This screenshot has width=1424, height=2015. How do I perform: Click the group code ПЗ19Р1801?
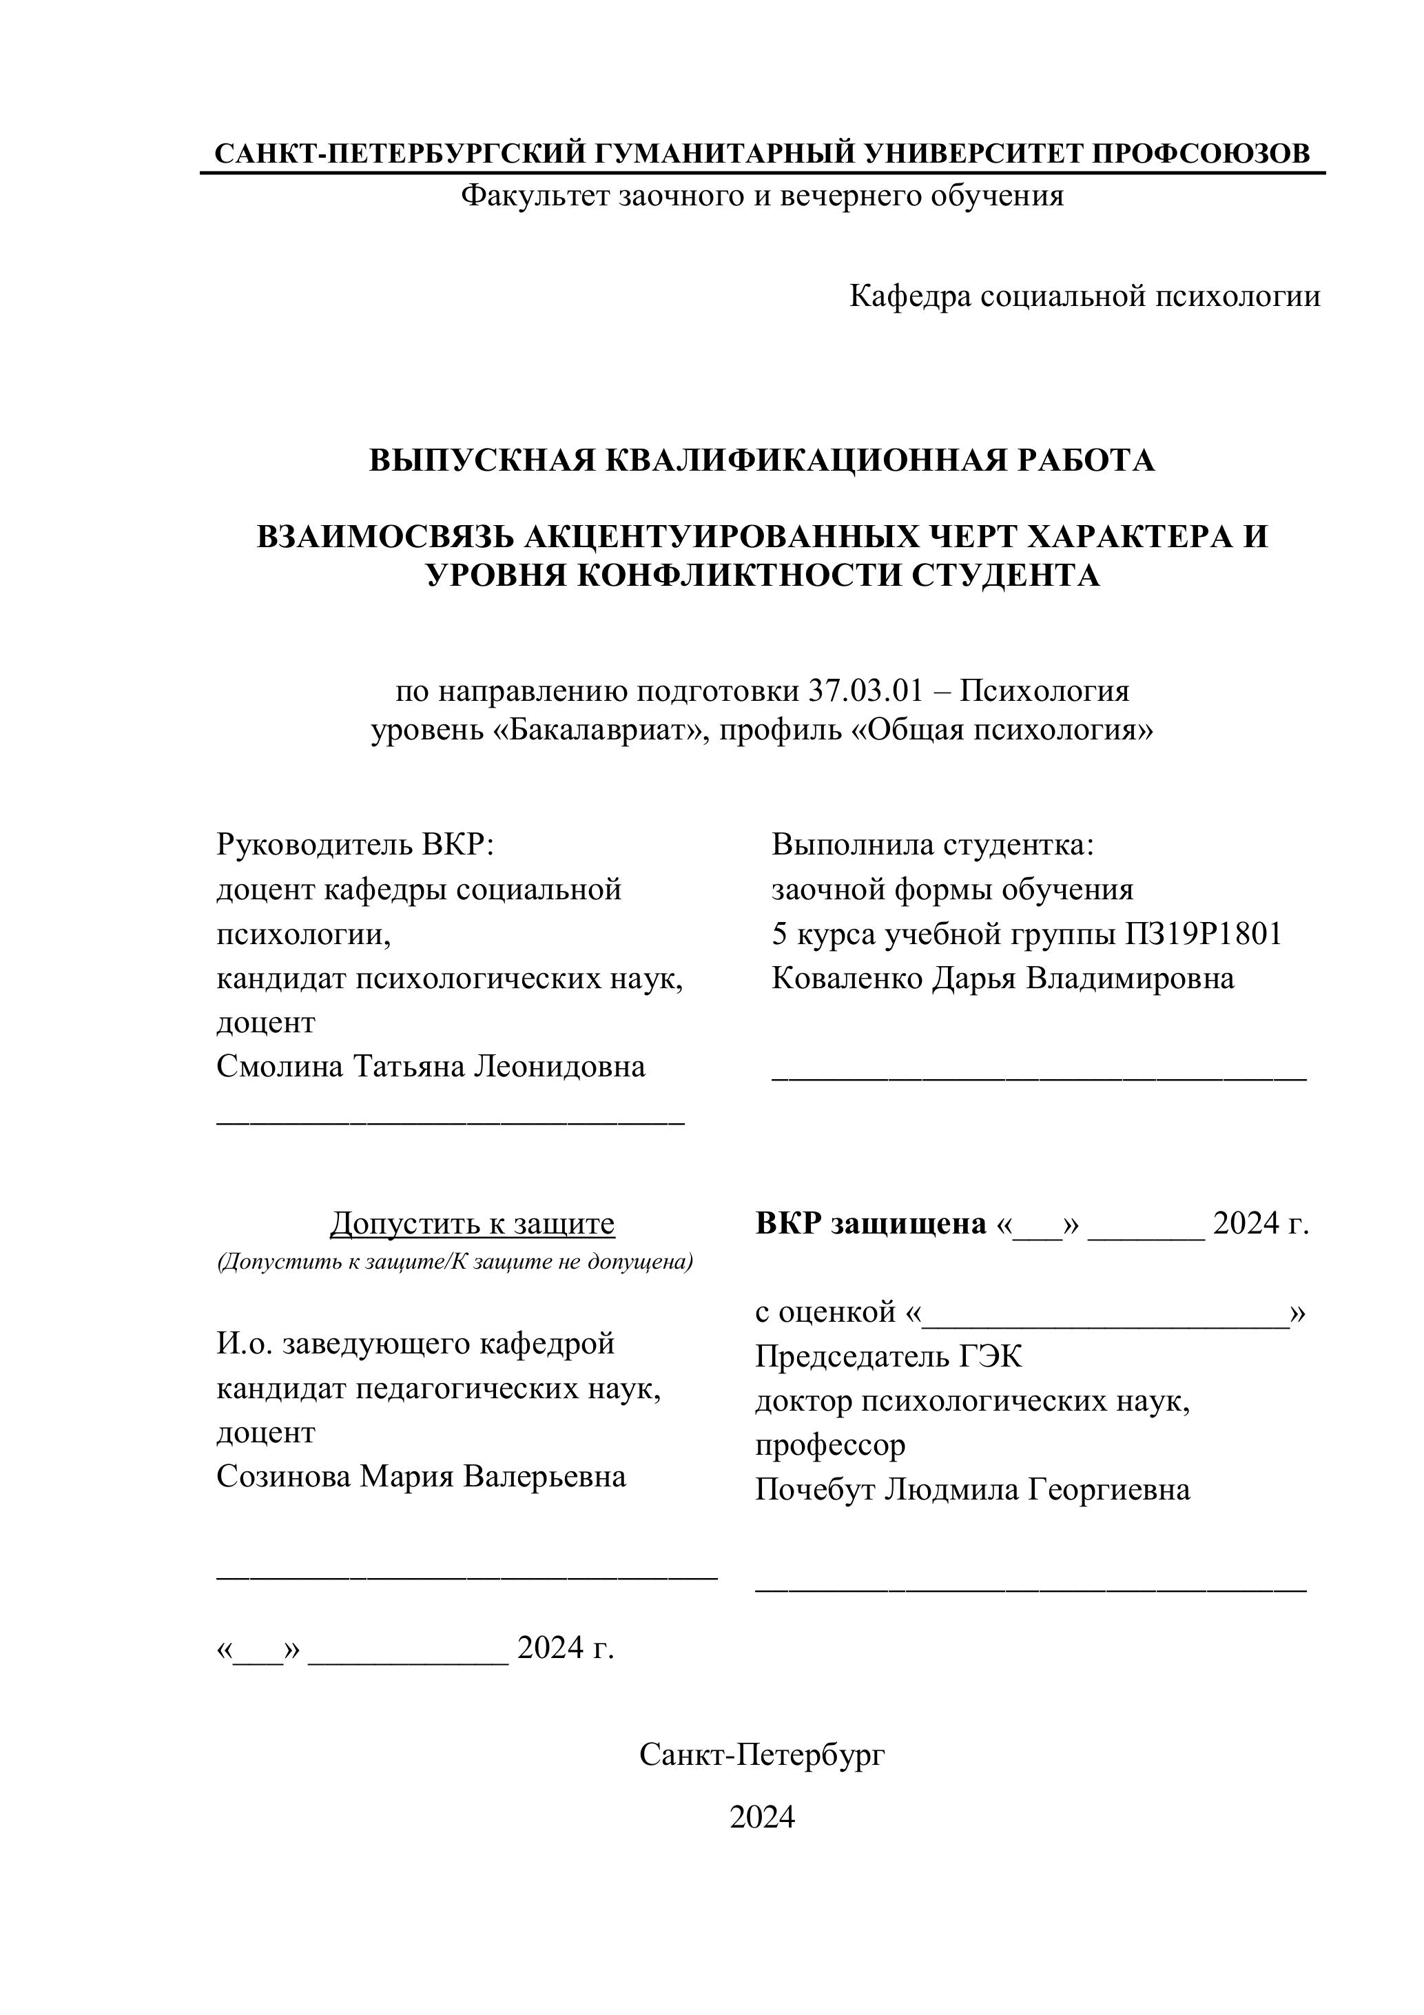point(1203,934)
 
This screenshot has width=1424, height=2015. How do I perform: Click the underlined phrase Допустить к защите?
point(472,1223)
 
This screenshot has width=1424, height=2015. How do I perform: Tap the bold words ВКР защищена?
point(870,1223)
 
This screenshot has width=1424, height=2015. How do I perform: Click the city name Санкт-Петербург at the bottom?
point(761,1755)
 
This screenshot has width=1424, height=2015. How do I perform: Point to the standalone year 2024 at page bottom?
point(761,1817)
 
